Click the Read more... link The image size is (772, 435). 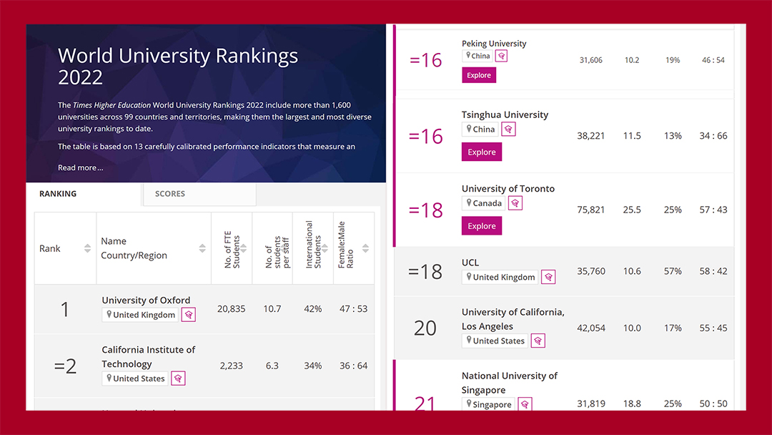click(x=80, y=167)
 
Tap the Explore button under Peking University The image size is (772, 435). click(x=478, y=75)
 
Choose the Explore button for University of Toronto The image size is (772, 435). click(x=482, y=226)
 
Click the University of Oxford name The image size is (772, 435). click(x=146, y=300)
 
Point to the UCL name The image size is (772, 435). click(x=470, y=263)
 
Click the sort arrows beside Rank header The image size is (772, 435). click(x=87, y=248)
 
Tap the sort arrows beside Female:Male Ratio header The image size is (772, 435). click(x=365, y=248)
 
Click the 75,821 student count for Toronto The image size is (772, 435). click(x=591, y=210)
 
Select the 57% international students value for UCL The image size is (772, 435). click(x=673, y=271)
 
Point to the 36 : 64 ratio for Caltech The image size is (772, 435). click(x=354, y=366)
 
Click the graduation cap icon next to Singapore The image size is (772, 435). click(x=525, y=404)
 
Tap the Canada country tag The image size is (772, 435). click(x=483, y=203)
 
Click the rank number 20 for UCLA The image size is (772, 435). click(x=425, y=328)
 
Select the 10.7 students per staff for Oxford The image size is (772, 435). click(x=272, y=309)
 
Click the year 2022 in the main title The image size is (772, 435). click(x=80, y=77)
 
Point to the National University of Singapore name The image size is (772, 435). click(x=510, y=383)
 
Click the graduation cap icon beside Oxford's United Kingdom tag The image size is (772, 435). click(x=189, y=315)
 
